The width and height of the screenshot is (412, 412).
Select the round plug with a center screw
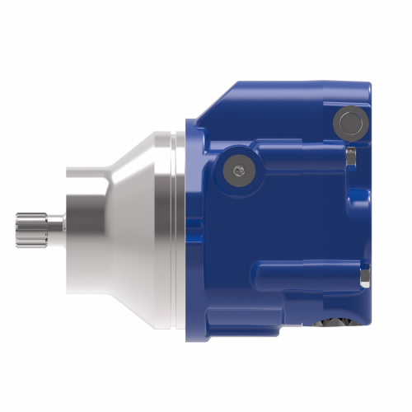237,170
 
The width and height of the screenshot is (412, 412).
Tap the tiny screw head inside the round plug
237,170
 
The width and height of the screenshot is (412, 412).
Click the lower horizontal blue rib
305,272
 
